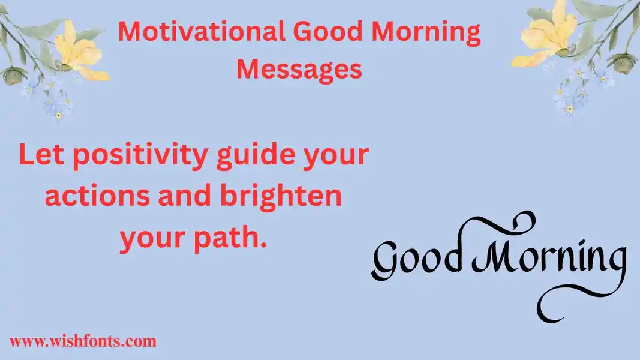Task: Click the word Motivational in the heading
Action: pyautogui.click(x=202, y=31)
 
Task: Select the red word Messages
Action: pyautogui.click(x=299, y=69)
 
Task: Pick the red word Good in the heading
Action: pyautogui.click(x=328, y=31)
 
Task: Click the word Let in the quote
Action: pyautogui.click(x=41, y=155)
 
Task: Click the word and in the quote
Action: pyautogui.click(x=185, y=195)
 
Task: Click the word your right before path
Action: pyautogui.click(x=153, y=240)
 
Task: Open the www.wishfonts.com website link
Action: pyautogui.click(x=83, y=341)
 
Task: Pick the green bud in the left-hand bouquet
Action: pyautogui.click(x=13, y=76)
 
